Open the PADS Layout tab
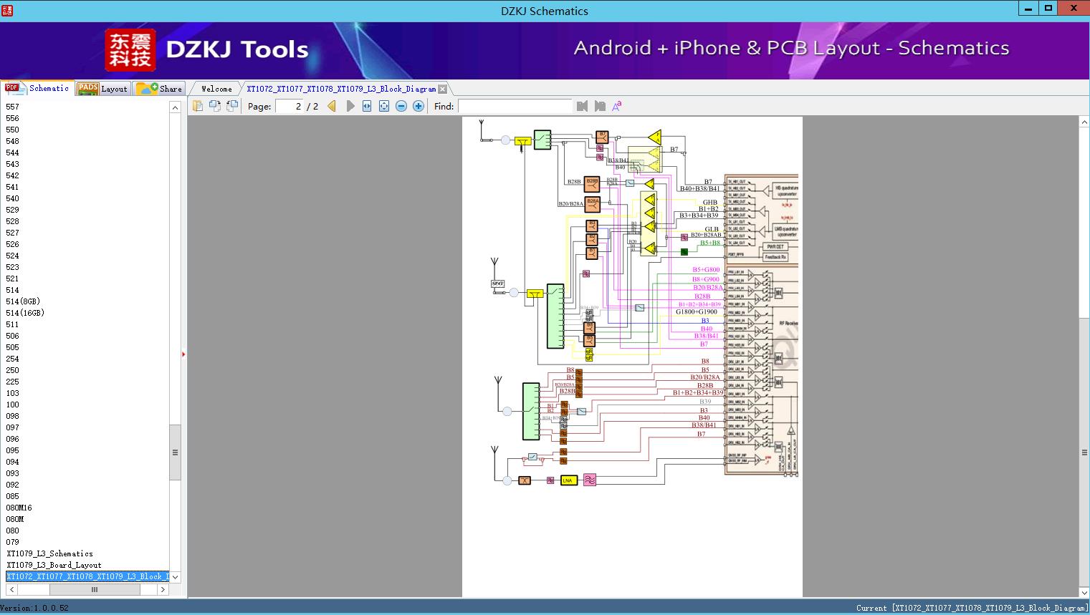tap(102, 89)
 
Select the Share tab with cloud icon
tap(160, 89)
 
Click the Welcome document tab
tap(216, 89)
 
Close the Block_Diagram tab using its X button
tap(443, 89)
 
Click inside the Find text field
tap(515, 106)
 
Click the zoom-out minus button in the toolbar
tap(401, 106)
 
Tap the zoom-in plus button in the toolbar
tap(419, 106)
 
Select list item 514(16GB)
tap(25, 313)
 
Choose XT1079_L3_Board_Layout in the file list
tap(54, 565)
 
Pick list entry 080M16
tap(19, 508)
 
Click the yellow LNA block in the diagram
tap(569, 480)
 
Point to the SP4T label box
tap(498, 284)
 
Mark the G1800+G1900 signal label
tap(697, 312)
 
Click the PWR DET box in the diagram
tap(775, 246)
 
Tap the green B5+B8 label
tap(709, 243)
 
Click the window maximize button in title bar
tap(1048, 8)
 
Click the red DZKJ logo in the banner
tap(130, 50)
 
